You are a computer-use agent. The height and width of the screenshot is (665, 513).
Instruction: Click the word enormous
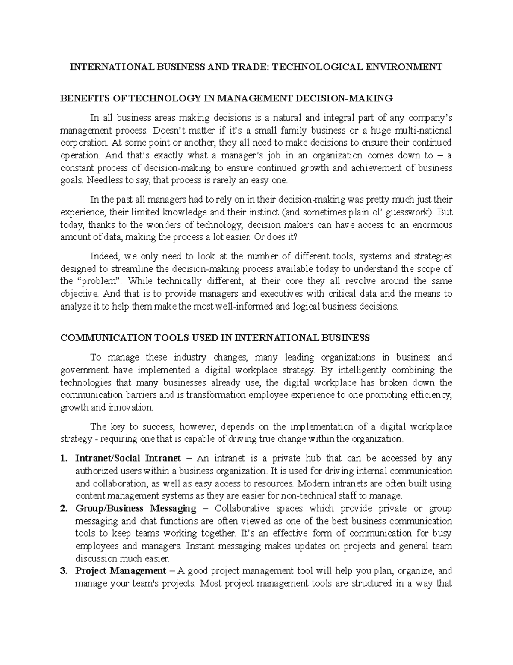click(431, 225)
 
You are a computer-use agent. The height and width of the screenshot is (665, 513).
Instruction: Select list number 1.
click(64, 459)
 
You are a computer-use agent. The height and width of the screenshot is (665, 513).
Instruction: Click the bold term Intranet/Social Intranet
click(128, 459)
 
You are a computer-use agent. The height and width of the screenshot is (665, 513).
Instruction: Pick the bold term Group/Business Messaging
click(136, 509)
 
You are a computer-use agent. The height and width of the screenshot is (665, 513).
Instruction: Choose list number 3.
click(64, 571)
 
